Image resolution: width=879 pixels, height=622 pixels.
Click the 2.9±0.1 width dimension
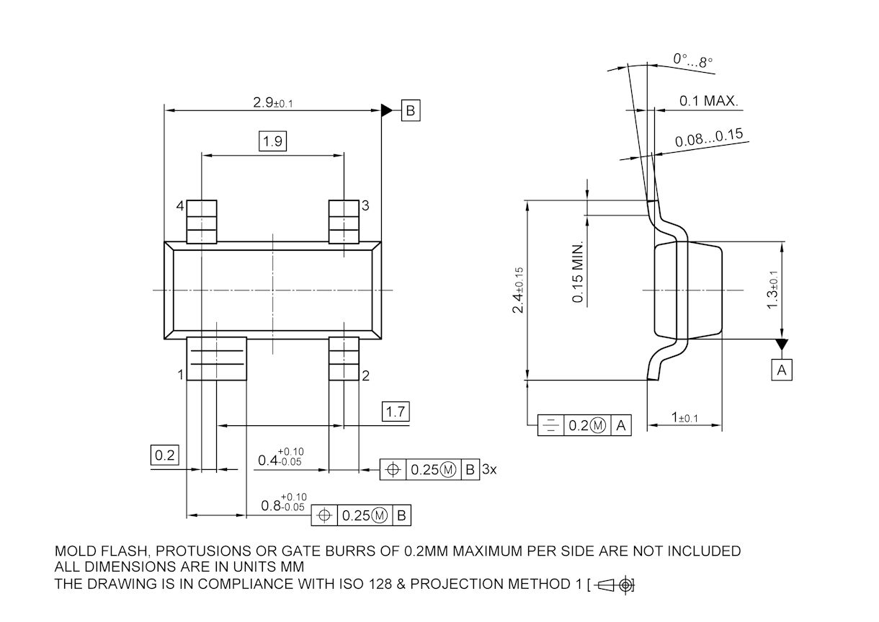[272, 103]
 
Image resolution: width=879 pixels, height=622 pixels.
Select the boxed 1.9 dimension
[272, 141]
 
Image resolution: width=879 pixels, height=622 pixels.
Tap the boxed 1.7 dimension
[396, 412]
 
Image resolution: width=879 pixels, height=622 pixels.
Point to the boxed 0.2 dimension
[165, 455]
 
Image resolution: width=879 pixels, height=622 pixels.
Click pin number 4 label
[180, 206]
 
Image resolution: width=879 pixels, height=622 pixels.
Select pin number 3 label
[365, 206]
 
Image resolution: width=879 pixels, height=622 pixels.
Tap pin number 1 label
[180, 375]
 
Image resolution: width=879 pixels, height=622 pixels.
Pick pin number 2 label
[365, 375]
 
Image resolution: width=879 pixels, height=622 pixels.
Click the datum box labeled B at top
[410, 111]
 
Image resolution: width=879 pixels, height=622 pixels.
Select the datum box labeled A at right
[782, 370]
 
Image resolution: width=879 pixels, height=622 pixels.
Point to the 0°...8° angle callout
[692, 61]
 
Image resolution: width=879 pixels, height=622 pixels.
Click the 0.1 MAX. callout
[709, 101]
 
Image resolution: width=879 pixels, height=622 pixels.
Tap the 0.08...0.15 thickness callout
[709, 139]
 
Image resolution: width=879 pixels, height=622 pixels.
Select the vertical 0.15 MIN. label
[578, 271]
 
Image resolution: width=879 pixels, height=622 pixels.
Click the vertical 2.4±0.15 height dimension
[517, 290]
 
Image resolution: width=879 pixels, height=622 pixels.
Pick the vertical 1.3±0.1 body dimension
[772, 290]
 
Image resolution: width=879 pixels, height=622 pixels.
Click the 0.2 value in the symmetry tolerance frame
[579, 426]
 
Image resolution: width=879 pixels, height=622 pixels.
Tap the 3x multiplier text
[489, 470]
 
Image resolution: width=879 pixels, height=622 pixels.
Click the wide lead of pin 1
[216, 358]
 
